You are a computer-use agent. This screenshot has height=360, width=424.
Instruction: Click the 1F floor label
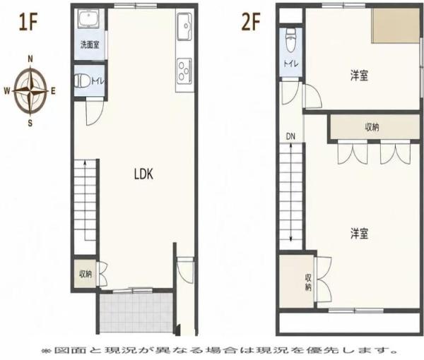[28, 22]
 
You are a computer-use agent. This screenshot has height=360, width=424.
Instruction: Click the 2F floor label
[251, 22]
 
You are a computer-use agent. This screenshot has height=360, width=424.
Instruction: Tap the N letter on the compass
[30, 59]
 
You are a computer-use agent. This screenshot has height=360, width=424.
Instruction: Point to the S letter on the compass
[30, 123]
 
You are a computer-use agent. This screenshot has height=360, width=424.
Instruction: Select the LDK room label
[143, 174]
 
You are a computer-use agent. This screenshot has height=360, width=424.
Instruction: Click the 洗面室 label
[90, 45]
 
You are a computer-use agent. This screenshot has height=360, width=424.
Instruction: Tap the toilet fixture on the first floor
[83, 80]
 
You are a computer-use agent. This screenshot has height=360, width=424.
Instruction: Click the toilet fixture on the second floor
[291, 40]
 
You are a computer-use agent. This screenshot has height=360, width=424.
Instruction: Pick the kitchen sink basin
[185, 26]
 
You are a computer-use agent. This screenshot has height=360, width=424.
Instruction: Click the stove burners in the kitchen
[184, 71]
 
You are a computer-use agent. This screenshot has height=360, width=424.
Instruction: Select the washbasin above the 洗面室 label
[89, 18]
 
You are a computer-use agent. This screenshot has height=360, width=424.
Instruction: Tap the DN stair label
[290, 137]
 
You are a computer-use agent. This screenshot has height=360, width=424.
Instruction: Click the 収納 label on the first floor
[86, 275]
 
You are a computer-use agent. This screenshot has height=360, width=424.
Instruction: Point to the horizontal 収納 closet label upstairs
[372, 127]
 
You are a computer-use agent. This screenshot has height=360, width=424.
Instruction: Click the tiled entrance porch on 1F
[136, 313]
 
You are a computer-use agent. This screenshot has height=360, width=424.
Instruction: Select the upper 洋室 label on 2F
[359, 76]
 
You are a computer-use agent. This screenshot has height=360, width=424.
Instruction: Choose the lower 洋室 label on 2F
[359, 234]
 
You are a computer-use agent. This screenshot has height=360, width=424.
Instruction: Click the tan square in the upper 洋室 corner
[396, 25]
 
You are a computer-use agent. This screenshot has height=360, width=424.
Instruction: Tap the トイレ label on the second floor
[291, 64]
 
